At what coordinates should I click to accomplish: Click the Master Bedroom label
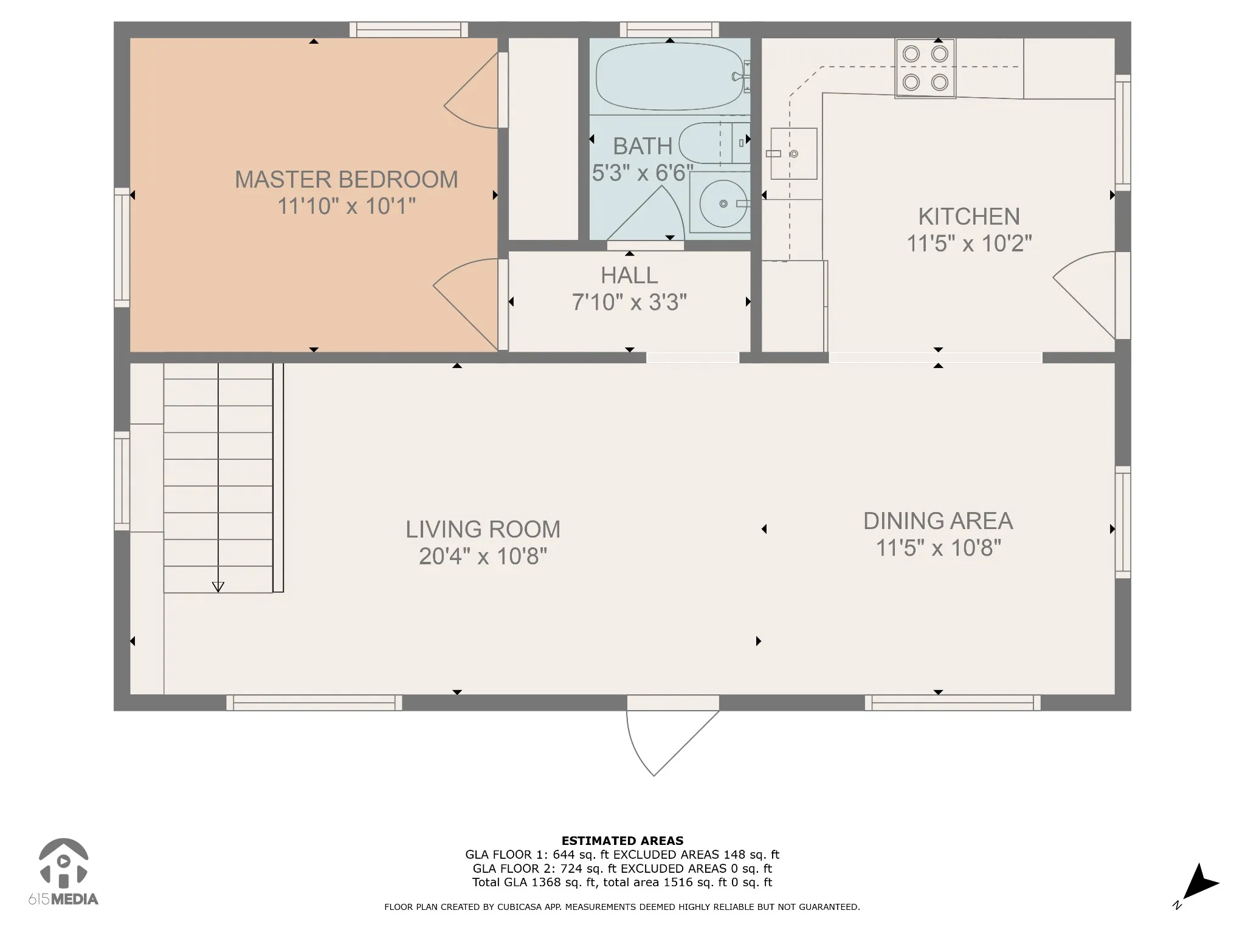tap(347, 180)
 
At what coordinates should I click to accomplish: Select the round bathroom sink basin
tap(723, 203)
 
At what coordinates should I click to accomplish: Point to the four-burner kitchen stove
tap(925, 68)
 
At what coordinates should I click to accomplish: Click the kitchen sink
tap(793, 154)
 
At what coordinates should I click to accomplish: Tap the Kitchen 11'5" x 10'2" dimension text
tap(969, 244)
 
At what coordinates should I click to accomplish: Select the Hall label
tap(629, 276)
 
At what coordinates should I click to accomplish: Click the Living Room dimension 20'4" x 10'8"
tap(483, 556)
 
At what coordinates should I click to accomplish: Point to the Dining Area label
tap(938, 521)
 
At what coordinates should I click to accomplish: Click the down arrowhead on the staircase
tap(218, 587)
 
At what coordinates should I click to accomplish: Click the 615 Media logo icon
tap(63, 862)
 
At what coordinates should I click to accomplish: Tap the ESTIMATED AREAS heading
tap(622, 841)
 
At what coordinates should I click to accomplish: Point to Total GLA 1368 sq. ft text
tap(535, 883)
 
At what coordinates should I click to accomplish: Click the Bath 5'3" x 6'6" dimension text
tap(643, 174)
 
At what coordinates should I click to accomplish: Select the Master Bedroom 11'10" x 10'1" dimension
tap(347, 207)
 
